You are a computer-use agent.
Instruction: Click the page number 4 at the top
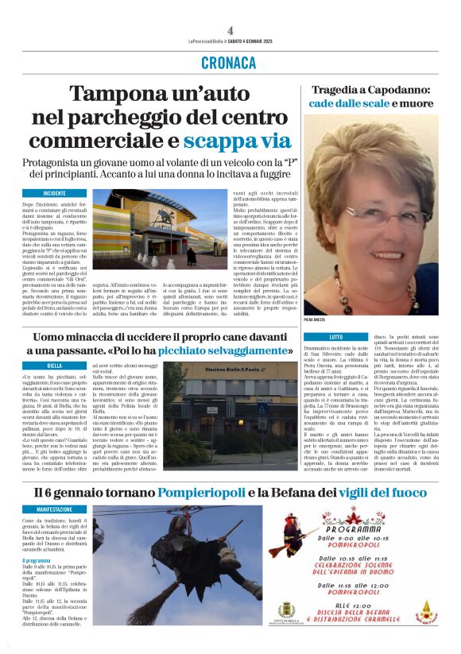click(x=230, y=30)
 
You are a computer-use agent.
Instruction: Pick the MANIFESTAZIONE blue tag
click(x=55, y=509)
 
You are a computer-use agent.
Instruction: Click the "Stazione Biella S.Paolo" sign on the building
click(x=224, y=373)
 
